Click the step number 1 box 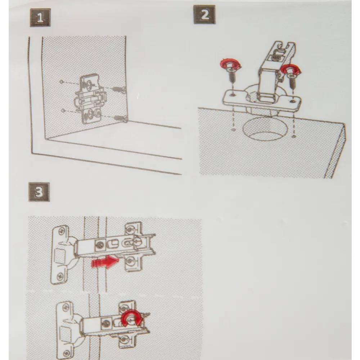tap(40, 18)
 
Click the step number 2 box tap(204, 14)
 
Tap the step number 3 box tap(39, 192)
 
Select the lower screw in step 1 tap(121, 118)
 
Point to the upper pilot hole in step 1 tap(61, 81)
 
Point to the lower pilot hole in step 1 tap(62, 111)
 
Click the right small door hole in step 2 tap(294, 137)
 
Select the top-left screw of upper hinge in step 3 tap(62, 231)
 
